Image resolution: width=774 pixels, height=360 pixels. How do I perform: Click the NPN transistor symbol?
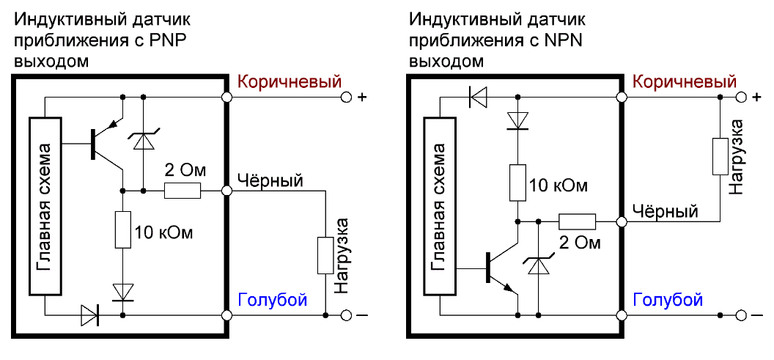(502, 268)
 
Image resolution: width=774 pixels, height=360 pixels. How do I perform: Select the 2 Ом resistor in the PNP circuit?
(183, 191)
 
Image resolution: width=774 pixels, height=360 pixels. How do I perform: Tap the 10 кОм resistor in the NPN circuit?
(517, 183)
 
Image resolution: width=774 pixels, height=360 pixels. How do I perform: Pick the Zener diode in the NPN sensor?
(539, 264)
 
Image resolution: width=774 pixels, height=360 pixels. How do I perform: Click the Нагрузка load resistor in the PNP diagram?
(325, 255)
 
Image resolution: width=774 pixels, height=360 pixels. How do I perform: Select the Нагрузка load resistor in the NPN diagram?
(720, 157)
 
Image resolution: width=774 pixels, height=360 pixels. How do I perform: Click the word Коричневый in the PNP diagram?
(290, 81)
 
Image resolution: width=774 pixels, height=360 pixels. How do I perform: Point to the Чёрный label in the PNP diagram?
(270, 181)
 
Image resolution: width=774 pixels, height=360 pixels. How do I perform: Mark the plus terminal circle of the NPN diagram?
(742, 98)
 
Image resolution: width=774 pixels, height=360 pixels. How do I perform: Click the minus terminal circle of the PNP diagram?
(347, 315)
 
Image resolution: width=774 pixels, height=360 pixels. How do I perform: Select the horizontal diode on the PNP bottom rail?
(90, 314)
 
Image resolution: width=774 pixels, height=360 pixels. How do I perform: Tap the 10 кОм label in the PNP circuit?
(163, 231)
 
